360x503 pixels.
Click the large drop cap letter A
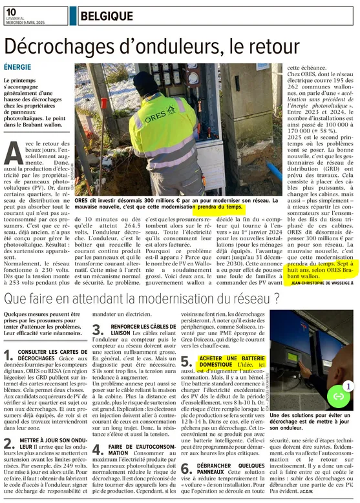click(x=14, y=153)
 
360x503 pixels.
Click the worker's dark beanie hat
click(x=143, y=80)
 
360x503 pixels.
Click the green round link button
click(x=337, y=395)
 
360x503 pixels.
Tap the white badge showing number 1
click(x=347, y=386)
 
